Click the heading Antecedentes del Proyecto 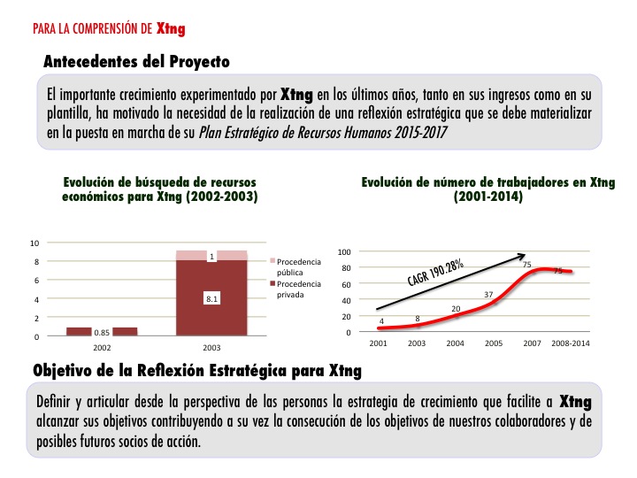click(136, 62)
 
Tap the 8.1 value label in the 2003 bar click(211, 299)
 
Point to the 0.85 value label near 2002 click(102, 333)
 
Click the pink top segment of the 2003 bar click(211, 255)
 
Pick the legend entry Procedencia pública click(298, 266)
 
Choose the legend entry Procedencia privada click(298, 289)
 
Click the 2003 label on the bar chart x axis click(211, 347)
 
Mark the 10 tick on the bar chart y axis click(35, 243)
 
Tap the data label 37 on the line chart click(488, 294)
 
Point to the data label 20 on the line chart click(457, 309)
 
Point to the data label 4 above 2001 click(381, 321)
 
